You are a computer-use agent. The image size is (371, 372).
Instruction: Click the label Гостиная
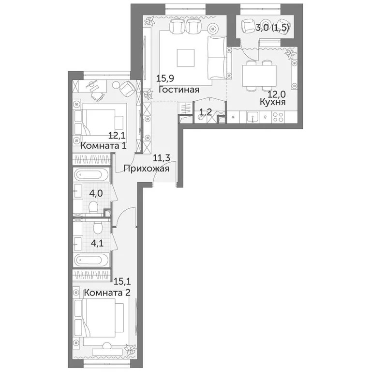pyautogui.click(x=178, y=90)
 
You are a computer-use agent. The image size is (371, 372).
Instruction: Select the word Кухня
pyautogui.click(x=272, y=102)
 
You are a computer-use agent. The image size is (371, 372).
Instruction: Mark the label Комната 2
pyautogui.click(x=107, y=293)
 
